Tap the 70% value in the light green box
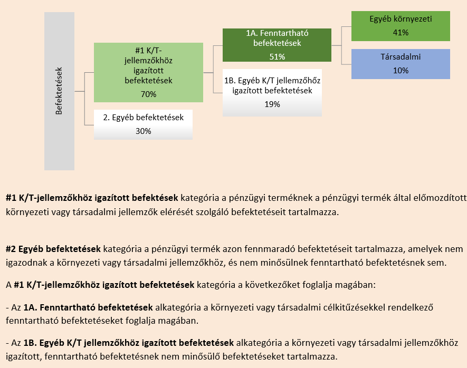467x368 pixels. point(148,94)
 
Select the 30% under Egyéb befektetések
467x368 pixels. point(143,131)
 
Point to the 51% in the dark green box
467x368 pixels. point(277,56)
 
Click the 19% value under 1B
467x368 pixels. point(272,104)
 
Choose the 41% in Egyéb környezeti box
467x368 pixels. point(401,32)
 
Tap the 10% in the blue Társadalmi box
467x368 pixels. point(401,70)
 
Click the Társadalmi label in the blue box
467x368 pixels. point(401,56)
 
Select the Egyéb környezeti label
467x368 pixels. point(401,19)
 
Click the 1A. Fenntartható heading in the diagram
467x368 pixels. point(277,33)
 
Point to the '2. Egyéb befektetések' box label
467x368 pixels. point(143,118)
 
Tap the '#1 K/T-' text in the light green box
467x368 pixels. point(148,51)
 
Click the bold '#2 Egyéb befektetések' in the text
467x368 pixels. point(53,248)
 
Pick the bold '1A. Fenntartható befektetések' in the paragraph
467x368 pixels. point(88,306)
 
